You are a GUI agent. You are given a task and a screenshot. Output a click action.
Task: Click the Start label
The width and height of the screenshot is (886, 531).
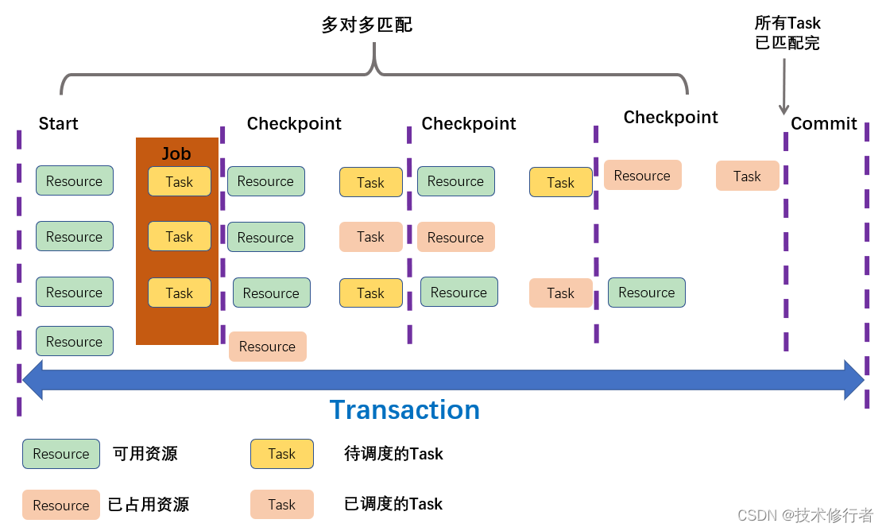pos(58,124)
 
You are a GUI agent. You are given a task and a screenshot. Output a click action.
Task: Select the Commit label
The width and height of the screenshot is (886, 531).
pos(823,124)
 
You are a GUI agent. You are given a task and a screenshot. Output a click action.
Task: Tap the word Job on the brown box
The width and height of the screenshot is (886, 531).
pos(176,153)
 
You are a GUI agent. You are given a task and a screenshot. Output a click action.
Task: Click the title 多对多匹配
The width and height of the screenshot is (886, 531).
pos(366,25)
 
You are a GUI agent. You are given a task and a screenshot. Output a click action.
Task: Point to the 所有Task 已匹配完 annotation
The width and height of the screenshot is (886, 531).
pos(787,33)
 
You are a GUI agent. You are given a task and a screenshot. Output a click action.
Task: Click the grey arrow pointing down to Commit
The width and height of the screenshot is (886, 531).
pos(783,87)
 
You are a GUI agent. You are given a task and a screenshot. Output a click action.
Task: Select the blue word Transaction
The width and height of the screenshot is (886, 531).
pos(404,409)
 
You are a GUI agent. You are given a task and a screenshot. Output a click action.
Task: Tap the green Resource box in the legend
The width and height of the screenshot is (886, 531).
pos(61,454)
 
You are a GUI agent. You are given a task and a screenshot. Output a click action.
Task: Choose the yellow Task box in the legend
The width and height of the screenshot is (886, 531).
pos(281,454)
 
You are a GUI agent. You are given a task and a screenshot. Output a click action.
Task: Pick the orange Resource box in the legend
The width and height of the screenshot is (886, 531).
pos(61,505)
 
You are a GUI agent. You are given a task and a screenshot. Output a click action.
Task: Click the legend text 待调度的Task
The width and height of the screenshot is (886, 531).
pos(393,454)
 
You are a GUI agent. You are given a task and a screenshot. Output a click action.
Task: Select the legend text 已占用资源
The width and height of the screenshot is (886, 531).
pos(149,505)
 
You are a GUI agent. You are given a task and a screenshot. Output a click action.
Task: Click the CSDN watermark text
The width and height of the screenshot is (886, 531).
pos(805,515)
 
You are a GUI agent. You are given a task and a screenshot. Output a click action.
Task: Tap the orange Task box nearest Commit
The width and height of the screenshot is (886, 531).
pos(747,176)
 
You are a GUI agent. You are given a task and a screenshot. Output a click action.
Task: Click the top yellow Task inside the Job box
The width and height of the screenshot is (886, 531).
pos(179,181)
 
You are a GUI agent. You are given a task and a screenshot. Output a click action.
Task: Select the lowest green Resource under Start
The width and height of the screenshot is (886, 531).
pos(74,341)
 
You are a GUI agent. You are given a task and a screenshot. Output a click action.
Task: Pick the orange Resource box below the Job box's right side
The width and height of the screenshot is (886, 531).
pos(267,347)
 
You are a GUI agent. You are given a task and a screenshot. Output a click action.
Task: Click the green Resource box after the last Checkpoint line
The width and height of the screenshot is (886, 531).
pos(646,293)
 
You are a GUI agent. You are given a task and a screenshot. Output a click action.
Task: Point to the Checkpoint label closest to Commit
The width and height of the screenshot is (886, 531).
pos(670,118)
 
